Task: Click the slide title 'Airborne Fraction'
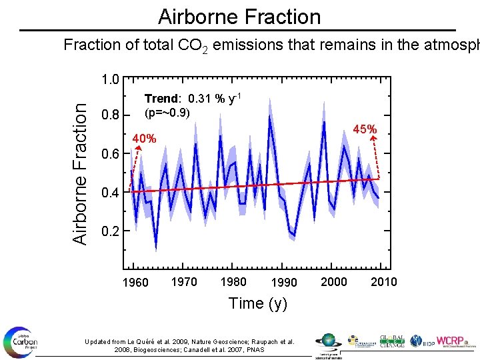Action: [239, 16]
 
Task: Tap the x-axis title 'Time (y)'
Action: [258, 303]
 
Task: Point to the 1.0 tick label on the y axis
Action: [110, 80]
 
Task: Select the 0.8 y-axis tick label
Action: [110, 115]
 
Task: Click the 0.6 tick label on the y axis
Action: [110, 154]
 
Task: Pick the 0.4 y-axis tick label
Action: [110, 193]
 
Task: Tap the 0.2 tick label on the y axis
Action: [110, 232]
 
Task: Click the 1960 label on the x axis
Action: [135, 283]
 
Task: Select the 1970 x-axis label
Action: [184, 281]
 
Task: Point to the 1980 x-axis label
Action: [233, 281]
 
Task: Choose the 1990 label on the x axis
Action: [284, 283]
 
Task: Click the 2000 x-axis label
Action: [334, 281]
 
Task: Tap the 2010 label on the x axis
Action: [383, 281]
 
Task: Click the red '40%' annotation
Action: [145, 139]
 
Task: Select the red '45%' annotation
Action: [365, 129]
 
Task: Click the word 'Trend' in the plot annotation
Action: [160, 99]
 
